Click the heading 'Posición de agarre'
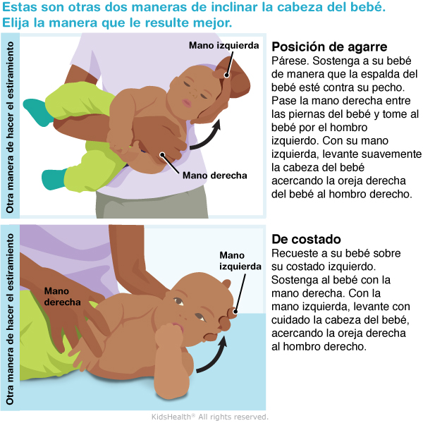coord(329,47)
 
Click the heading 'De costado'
coord(306,239)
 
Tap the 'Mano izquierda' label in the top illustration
coord(224,45)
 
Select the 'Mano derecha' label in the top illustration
coord(215,176)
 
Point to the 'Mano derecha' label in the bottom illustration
coord(62,297)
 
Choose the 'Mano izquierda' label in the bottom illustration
coord(240,261)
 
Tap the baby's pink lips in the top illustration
coord(186,103)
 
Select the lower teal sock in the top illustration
coord(54,179)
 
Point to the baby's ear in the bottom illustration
coord(226,284)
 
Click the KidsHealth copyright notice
coord(210,417)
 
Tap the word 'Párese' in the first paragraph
coord(290,61)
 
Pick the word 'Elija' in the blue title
coord(16,23)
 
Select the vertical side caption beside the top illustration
coord(10,127)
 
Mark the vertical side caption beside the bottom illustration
coord(10,319)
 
